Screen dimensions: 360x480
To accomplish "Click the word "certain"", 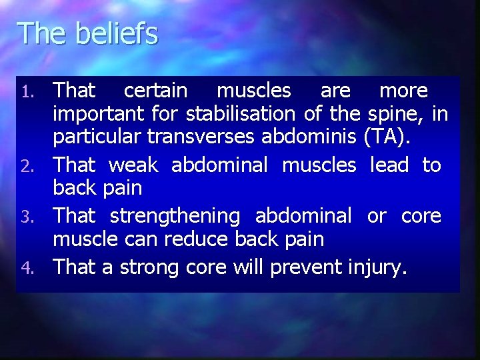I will (155, 90).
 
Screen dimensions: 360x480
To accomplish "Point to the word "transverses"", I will (202, 137).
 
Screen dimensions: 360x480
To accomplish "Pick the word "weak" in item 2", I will (133, 165).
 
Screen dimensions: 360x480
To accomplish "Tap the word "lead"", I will (389, 165).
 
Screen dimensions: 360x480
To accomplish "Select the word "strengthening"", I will (175, 217).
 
